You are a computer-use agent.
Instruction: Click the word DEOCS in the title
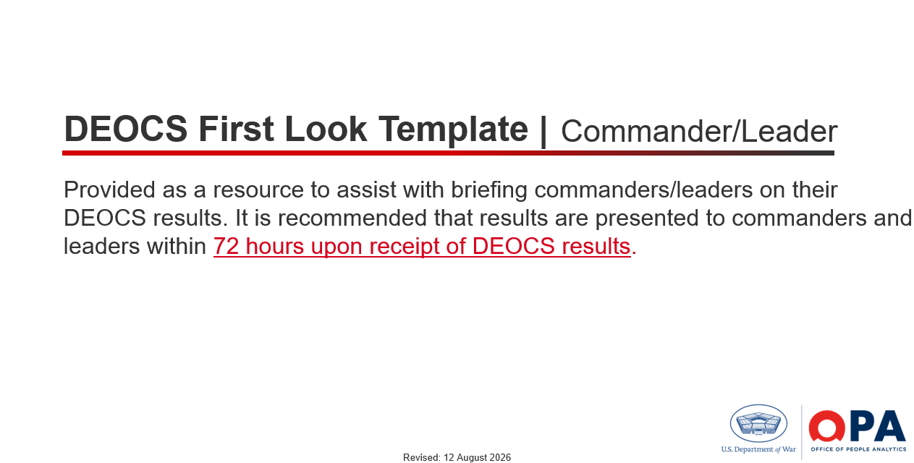click(x=126, y=129)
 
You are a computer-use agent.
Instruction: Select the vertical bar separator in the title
click(x=543, y=131)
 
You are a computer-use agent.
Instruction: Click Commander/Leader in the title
click(x=699, y=131)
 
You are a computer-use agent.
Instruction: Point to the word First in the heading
click(x=236, y=129)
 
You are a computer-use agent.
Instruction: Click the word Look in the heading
click(x=326, y=129)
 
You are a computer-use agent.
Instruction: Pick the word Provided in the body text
click(x=109, y=190)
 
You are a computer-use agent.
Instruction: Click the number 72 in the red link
click(x=226, y=247)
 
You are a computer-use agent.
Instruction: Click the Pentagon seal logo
click(x=758, y=423)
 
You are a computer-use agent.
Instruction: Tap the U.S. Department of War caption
click(x=758, y=449)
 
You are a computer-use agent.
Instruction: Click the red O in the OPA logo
click(x=827, y=426)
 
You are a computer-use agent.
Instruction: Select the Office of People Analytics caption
click(x=858, y=449)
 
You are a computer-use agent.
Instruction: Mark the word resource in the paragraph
click(x=258, y=190)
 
